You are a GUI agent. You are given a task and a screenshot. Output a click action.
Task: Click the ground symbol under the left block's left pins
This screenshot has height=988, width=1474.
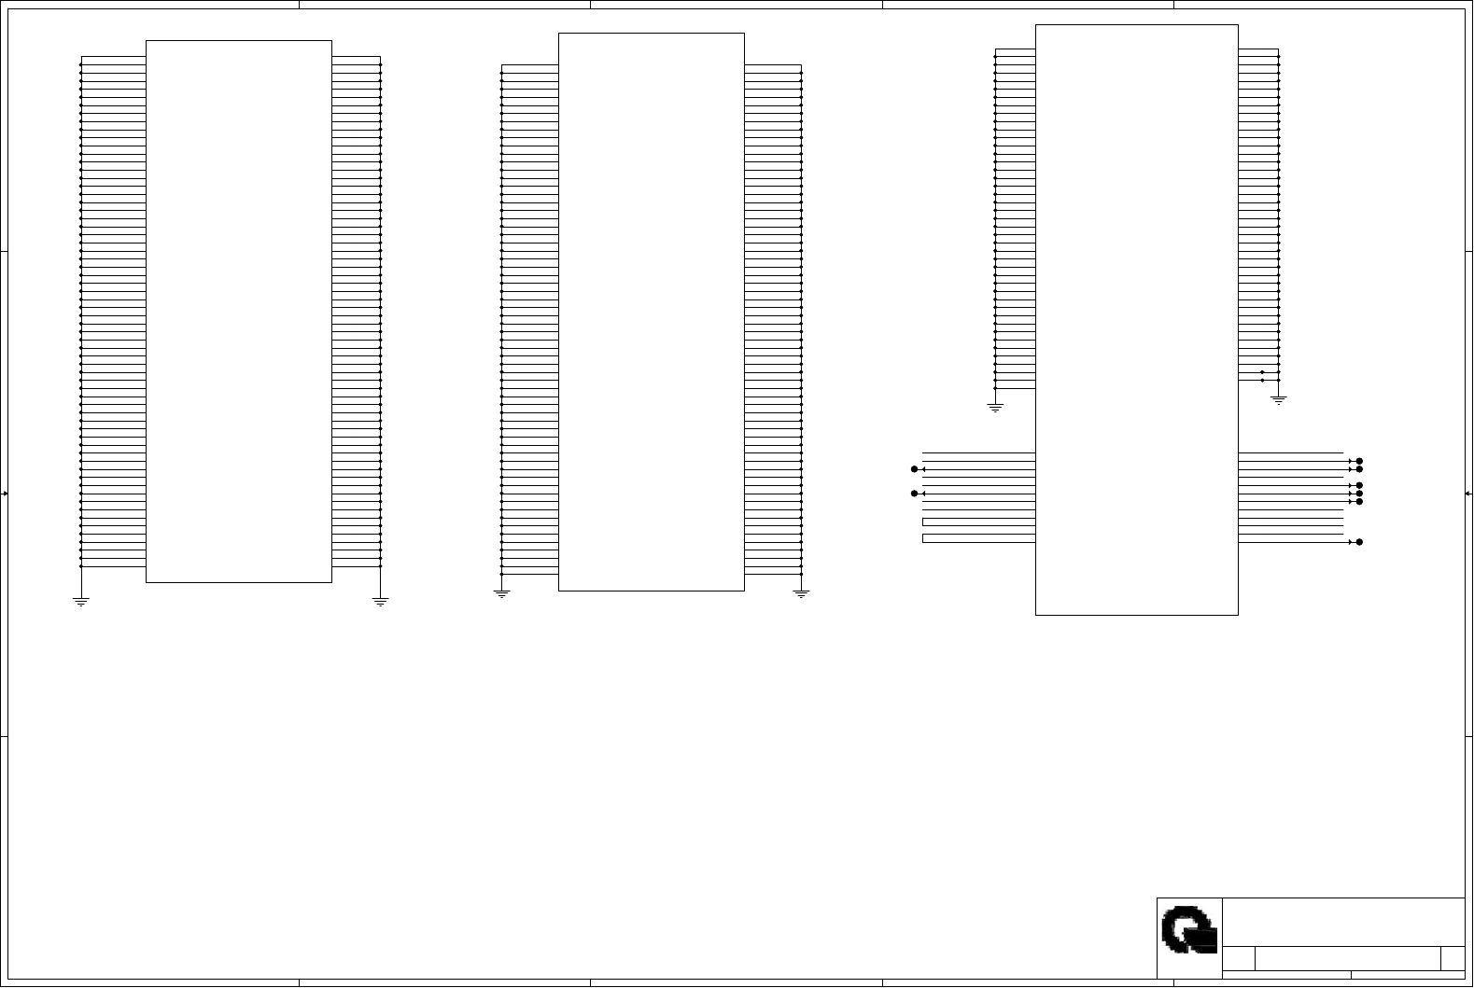[x=81, y=602]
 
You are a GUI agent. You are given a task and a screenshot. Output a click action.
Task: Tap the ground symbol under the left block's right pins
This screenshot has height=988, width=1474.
[x=380, y=602]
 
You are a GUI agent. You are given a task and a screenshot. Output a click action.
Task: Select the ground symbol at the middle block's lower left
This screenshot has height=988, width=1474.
[x=501, y=593]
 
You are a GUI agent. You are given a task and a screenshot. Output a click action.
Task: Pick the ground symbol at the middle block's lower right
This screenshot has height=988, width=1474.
[x=801, y=593]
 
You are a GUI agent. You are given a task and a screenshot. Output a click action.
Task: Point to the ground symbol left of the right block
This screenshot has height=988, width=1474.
[x=995, y=408]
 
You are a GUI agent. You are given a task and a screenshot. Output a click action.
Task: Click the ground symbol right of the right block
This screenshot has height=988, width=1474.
[x=1279, y=399]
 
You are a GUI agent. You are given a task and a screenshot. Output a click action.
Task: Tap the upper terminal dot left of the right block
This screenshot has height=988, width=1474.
[x=915, y=469]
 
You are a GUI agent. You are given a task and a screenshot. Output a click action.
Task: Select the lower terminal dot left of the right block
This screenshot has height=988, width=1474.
[x=915, y=494]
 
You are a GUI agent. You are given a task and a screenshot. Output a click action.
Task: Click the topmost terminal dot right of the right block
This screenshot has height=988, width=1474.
[x=1360, y=461]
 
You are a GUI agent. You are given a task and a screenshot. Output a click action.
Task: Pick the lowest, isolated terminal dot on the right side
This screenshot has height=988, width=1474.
[x=1360, y=542]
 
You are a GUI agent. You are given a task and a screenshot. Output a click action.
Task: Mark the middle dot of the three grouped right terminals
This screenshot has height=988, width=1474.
[x=1360, y=494]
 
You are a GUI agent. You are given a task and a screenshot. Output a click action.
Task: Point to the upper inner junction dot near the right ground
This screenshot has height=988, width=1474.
[x=1262, y=372]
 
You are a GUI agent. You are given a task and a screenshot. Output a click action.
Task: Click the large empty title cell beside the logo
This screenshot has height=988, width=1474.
[x=1342, y=922]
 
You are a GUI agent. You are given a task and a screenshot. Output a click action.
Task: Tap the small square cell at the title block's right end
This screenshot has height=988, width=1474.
[x=1453, y=958]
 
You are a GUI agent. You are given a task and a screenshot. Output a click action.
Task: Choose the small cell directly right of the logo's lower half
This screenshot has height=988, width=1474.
[x=1239, y=958]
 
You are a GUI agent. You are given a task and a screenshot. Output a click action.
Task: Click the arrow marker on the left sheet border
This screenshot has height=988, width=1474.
[x=5, y=494]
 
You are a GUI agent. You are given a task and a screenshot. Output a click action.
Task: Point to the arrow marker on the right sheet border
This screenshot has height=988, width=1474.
[x=1468, y=494]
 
